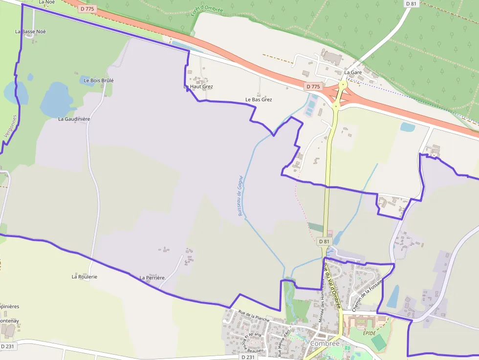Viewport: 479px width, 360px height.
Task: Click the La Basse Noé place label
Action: (30, 31)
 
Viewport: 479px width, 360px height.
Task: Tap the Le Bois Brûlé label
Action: (99, 80)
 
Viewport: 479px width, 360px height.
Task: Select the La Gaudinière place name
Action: (74, 119)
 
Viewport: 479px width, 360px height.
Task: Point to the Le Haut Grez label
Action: (198, 86)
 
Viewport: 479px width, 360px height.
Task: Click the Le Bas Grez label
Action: (259, 100)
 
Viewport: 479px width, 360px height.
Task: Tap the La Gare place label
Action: (353, 72)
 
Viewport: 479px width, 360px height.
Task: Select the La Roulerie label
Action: (85, 276)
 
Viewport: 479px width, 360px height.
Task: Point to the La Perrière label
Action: (152, 278)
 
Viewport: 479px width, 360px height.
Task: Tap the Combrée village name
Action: (325, 344)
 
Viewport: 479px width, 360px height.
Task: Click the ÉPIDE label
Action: (370, 333)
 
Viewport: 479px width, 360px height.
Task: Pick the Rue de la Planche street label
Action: (254, 316)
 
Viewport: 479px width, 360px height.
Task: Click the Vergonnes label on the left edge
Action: (11, 126)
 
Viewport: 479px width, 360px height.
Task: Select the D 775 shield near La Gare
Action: (313, 86)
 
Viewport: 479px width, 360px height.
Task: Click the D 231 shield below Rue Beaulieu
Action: (248, 357)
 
